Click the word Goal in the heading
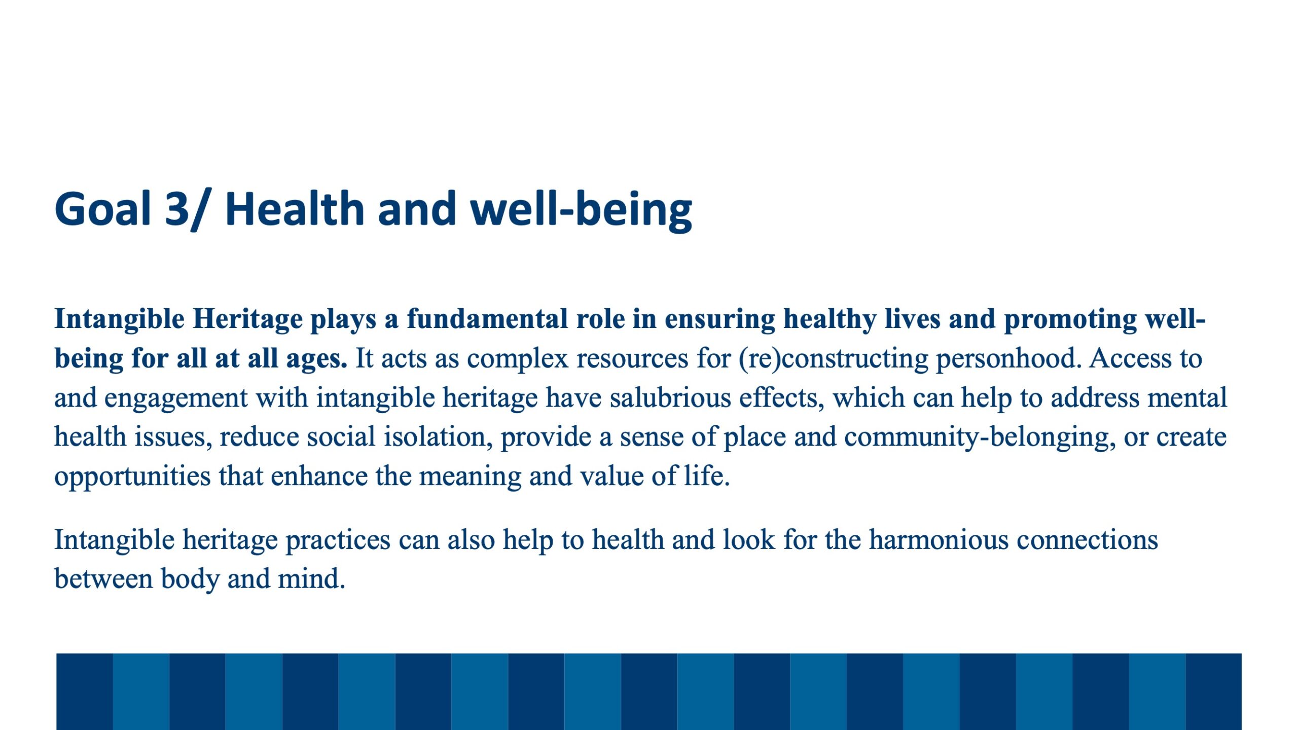103,208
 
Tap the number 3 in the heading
177,208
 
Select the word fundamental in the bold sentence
487,319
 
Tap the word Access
1130,358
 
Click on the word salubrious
670,397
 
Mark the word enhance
319,476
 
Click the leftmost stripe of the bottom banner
84,691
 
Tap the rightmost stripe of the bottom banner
1213,691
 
